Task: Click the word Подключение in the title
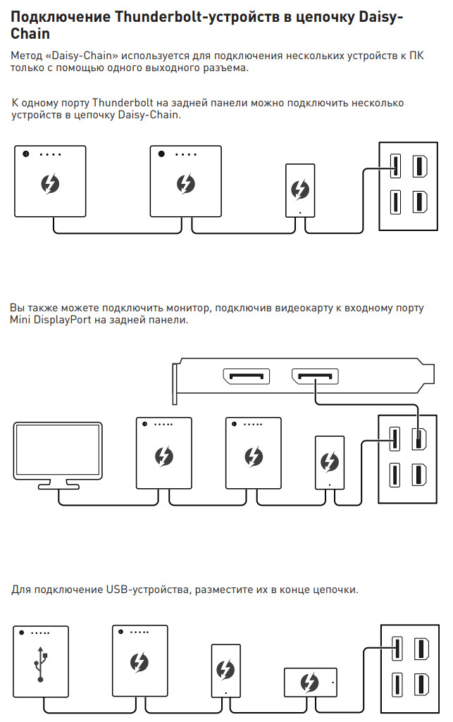[61, 17]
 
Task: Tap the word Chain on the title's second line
[30, 34]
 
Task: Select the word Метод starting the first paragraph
[26, 56]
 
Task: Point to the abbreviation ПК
[416, 56]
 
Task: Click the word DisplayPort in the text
[63, 320]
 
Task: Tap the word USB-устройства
[149, 590]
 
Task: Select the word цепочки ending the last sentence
[335, 590]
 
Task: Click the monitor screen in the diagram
[58, 450]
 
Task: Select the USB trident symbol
[41, 664]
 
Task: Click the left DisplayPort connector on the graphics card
[247, 377]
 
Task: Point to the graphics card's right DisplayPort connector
[315, 377]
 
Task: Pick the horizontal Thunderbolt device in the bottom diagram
[310, 682]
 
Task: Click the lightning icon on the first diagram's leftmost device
[50, 184]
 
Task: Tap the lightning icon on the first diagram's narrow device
[300, 189]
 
